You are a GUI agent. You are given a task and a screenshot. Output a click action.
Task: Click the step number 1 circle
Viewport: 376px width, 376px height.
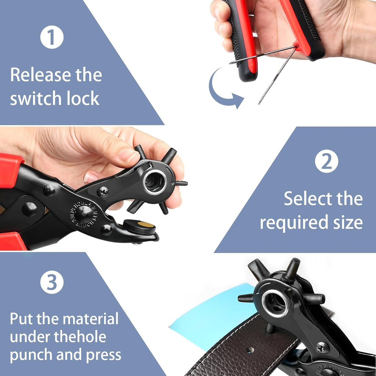tap(52, 37)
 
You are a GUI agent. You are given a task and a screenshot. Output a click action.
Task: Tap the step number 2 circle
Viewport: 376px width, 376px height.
tap(326, 161)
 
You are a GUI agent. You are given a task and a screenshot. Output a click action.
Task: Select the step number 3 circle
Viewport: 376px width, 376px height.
tap(52, 282)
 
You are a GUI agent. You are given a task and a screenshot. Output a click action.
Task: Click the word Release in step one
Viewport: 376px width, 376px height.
tap(40, 75)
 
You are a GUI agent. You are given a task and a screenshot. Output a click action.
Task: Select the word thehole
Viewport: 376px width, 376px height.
tap(80, 337)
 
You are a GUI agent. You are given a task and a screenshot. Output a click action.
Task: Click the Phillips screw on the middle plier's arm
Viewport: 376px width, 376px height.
tap(103, 192)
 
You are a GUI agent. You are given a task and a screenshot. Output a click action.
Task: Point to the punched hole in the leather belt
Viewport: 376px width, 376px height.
tap(250, 350)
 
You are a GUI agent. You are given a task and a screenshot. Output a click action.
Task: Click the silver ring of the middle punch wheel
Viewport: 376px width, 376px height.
tap(155, 182)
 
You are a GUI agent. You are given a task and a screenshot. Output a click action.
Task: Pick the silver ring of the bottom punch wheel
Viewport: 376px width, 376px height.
tap(275, 303)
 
